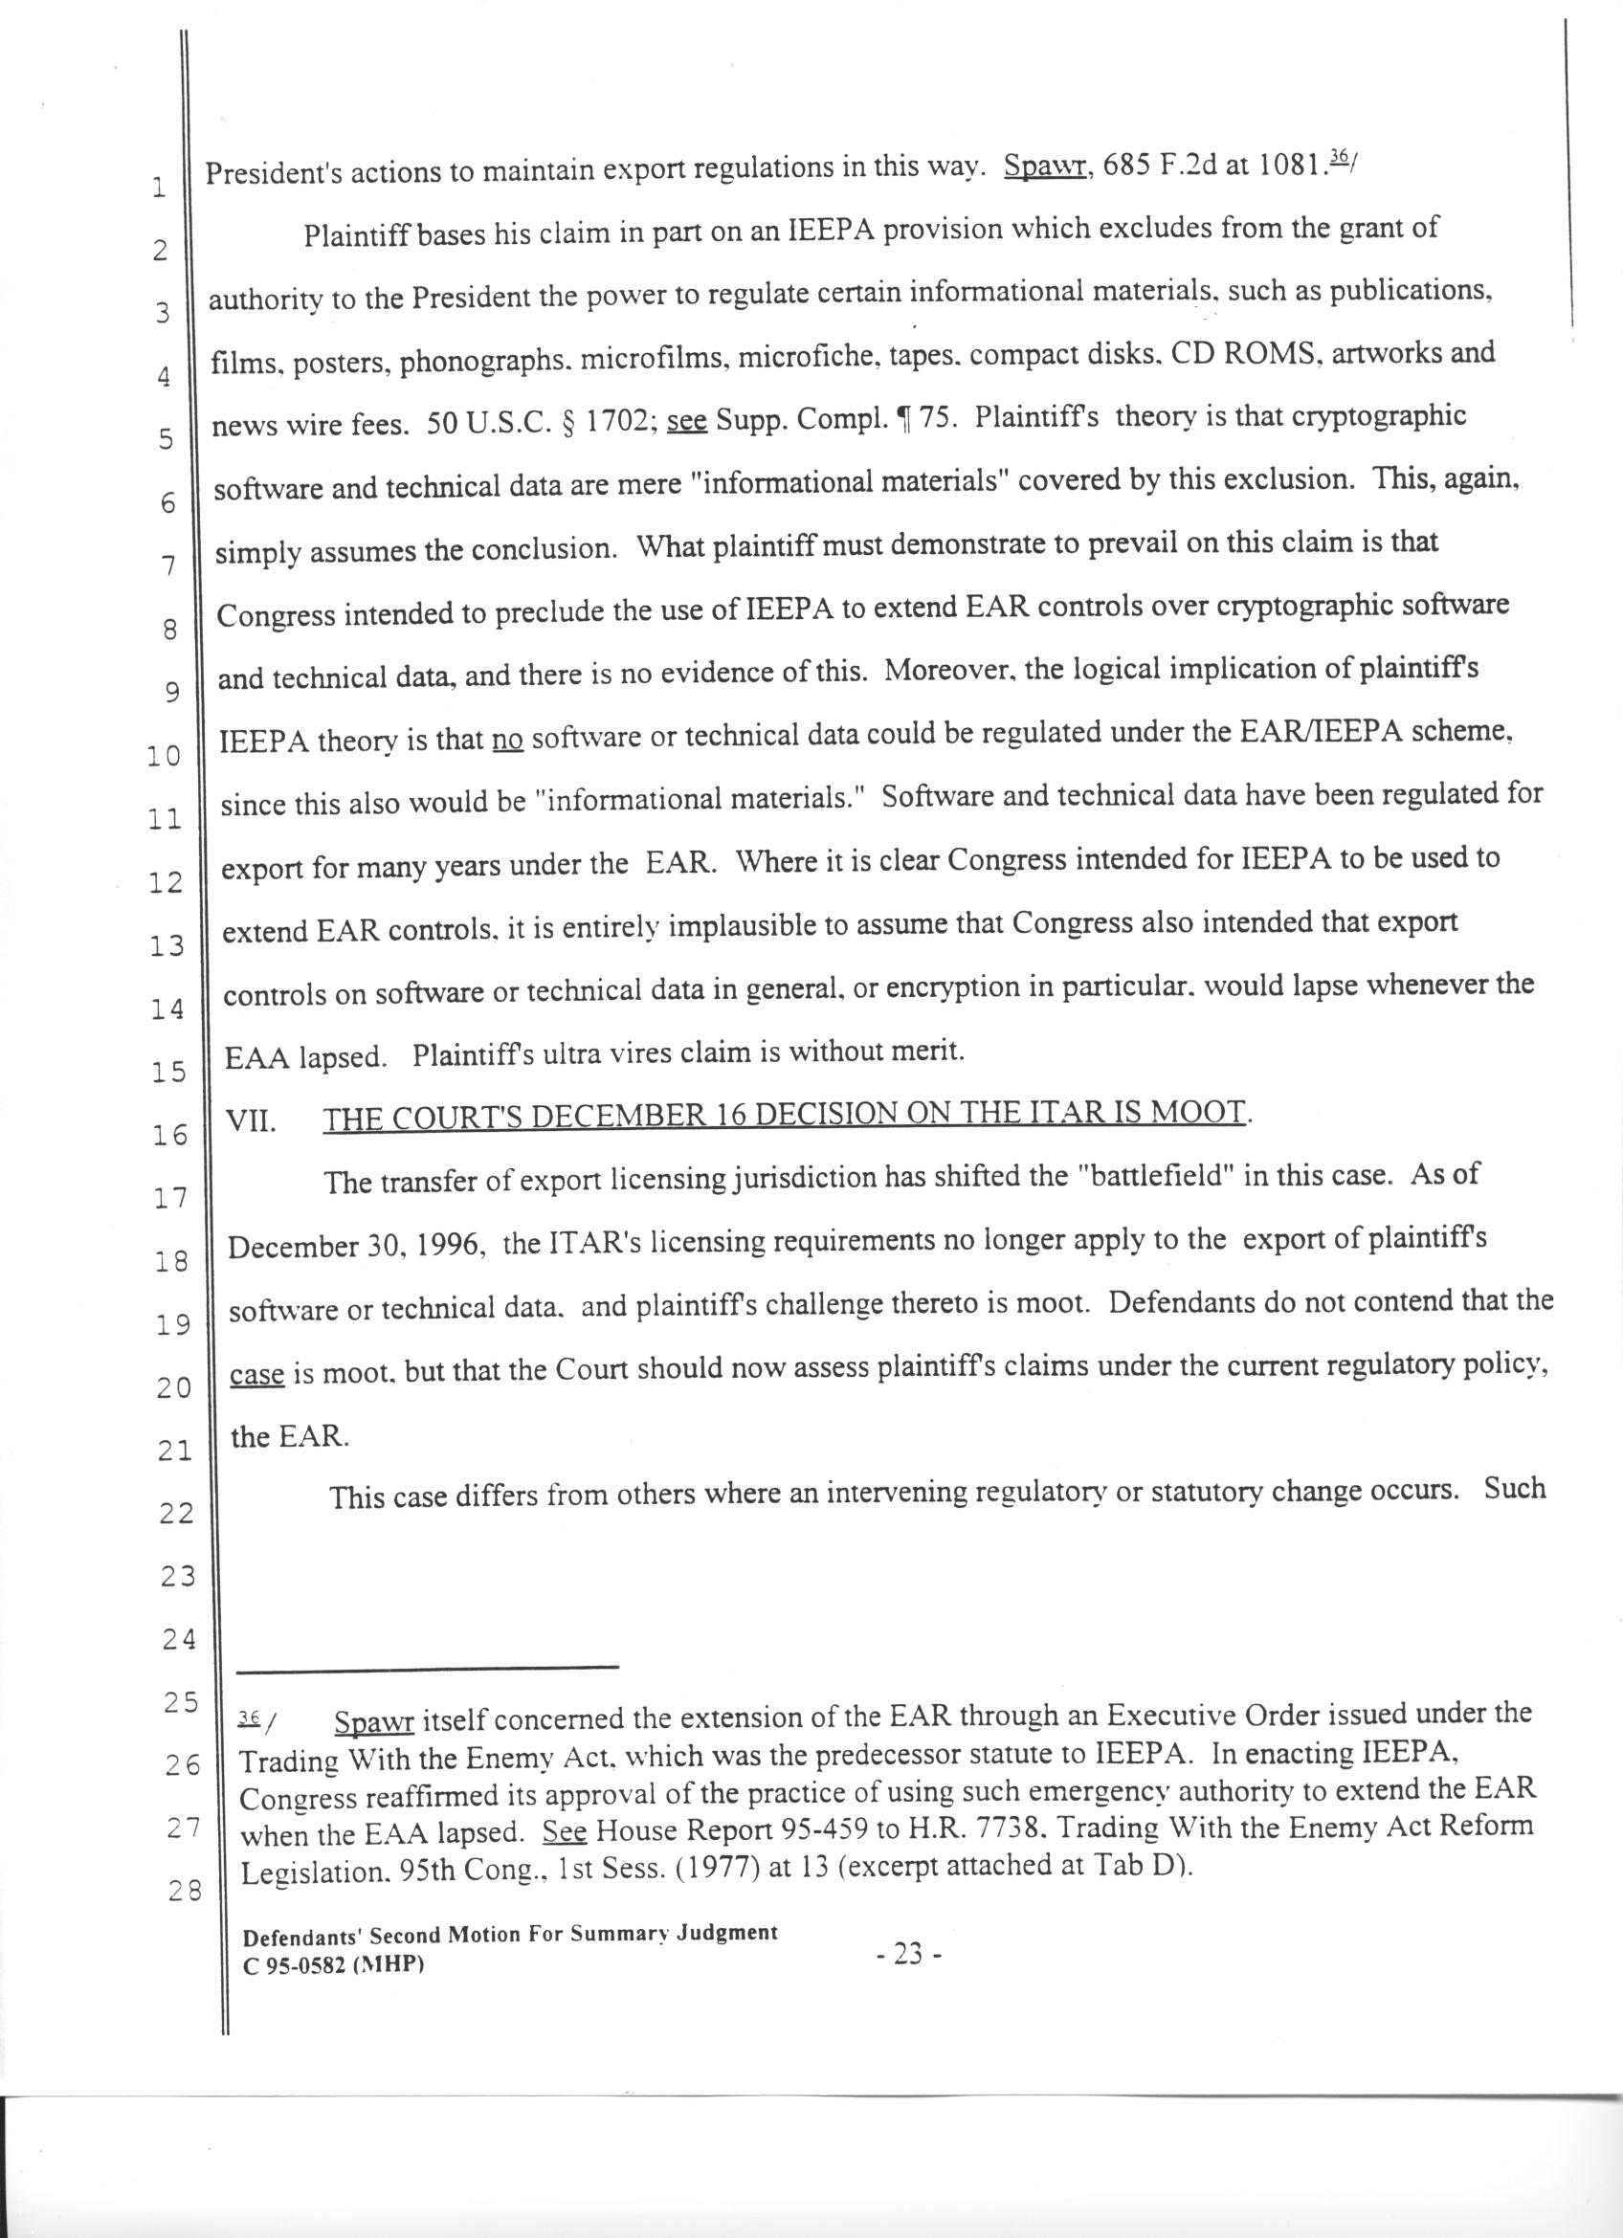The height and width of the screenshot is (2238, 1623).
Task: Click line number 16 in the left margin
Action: pos(169,1135)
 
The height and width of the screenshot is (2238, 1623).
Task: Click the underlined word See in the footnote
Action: pos(566,1831)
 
